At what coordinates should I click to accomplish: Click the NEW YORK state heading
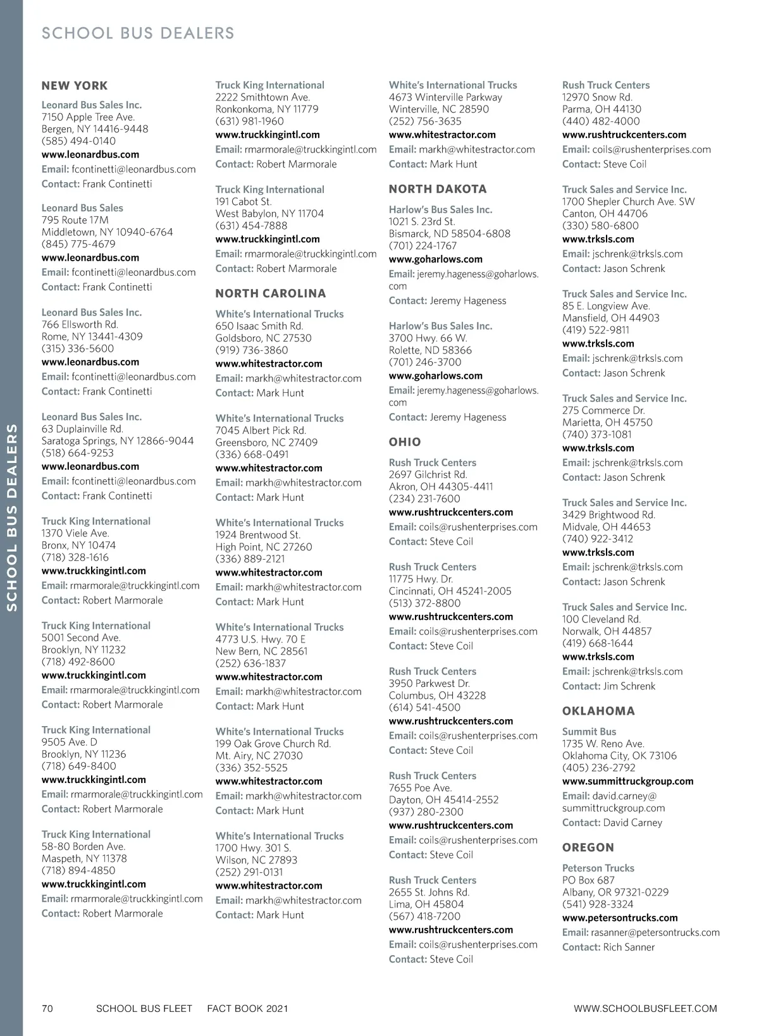tap(75, 86)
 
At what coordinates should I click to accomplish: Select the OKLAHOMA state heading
tap(598, 711)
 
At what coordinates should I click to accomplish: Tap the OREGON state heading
tap(588, 848)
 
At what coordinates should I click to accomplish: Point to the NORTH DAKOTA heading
tap(438, 189)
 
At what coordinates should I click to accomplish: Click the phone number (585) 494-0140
tap(78, 141)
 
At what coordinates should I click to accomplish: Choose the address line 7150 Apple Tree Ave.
tap(88, 117)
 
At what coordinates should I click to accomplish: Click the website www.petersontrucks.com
tap(620, 918)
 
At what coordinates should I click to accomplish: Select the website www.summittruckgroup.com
tap(627, 781)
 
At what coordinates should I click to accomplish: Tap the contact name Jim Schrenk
tap(629, 686)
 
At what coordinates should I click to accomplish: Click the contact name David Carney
tap(632, 823)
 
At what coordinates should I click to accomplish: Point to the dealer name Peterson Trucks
tap(598, 868)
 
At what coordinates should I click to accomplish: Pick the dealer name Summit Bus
tap(589, 732)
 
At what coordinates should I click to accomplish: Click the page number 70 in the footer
tap(47, 1008)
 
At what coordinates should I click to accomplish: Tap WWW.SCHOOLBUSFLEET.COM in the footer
tap(645, 1008)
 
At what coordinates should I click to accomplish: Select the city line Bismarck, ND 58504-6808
tap(449, 233)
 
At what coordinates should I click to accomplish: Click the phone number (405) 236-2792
tap(598, 768)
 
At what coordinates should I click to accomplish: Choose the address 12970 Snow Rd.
tap(597, 97)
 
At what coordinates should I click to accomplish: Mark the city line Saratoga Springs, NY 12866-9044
tap(118, 441)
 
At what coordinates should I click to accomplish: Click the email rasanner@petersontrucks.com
tap(655, 932)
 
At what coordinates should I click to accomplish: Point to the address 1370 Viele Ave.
tap(75, 533)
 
